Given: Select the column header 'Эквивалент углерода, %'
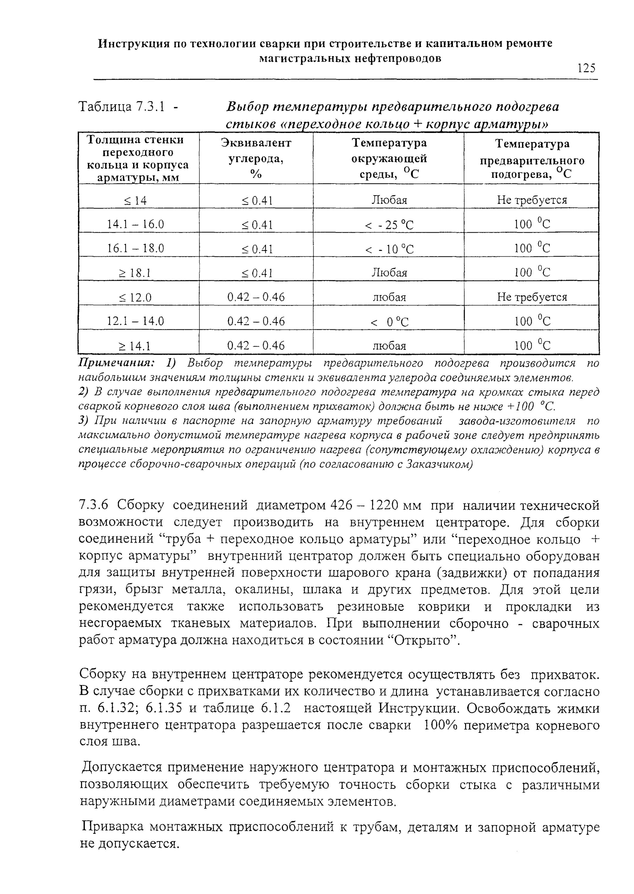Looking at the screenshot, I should (x=256, y=159).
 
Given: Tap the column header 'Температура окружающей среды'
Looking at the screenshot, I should (x=389, y=159).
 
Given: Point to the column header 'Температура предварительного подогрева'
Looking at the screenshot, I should (x=532, y=159).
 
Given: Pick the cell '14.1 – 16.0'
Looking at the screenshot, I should (x=135, y=224).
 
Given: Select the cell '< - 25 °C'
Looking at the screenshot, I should (x=389, y=225).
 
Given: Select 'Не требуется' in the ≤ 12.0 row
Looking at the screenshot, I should (x=532, y=297).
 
